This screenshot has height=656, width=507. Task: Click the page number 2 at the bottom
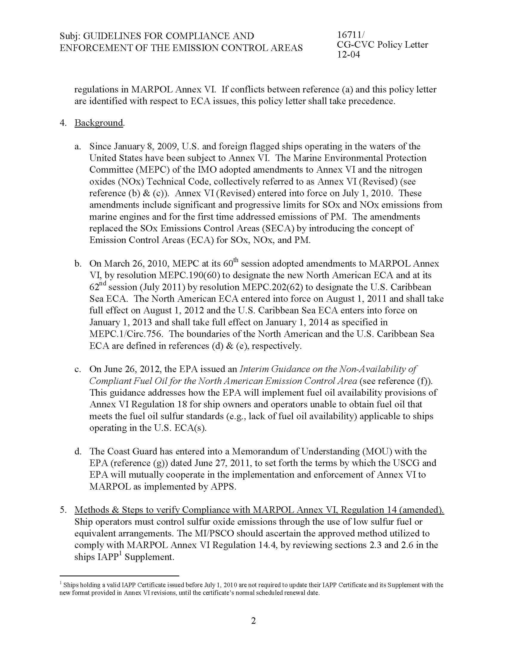click(x=253, y=621)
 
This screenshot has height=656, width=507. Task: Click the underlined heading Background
click(x=99, y=123)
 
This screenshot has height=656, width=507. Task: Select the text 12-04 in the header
click(x=348, y=55)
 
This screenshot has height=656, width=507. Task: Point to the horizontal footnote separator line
click(x=119, y=576)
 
